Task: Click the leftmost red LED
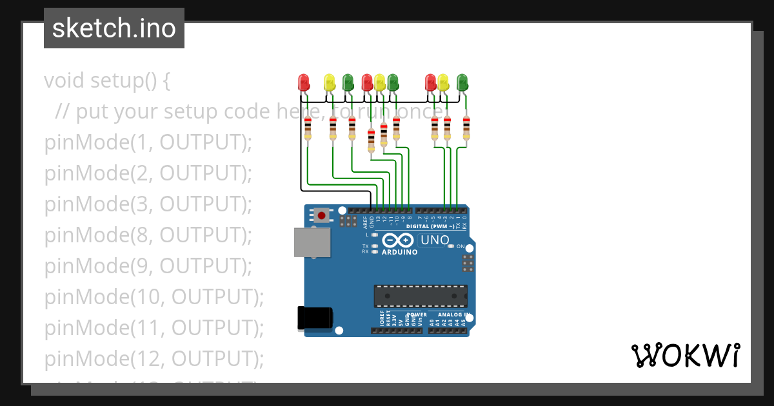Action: (x=304, y=82)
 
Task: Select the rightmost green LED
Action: (x=462, y=82)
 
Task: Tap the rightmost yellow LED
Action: (x=443, y=82)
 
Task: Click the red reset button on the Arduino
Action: (x=321, y=215)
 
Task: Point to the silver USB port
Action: (x=312, y=242)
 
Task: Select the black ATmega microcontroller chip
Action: (x=421, y=296)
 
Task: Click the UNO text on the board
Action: (x=435, y=240)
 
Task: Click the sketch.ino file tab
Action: (x=114, y=28)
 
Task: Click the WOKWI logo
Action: (x=685, y=355)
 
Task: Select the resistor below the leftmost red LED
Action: (x=308, y=128)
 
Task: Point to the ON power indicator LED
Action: (x=451, y=247)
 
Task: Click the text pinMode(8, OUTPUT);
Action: (x=148, y=235)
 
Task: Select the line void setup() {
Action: (x=107, y=81)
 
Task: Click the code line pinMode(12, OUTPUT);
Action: (x=154, y=358)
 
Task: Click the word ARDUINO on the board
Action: (x=399, y=252)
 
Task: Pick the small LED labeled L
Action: (x=375, y=235)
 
